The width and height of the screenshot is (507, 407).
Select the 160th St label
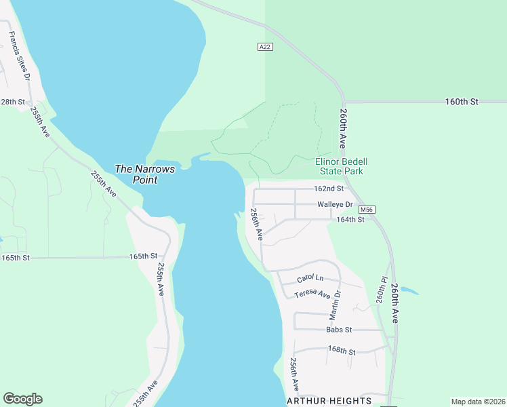(462, 102)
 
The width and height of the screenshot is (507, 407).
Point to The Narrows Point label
(145, 174)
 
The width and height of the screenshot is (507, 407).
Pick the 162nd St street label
(329, 189)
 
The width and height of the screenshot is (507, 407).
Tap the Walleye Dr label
(335, 204)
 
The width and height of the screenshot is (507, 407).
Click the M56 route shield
(367, 210)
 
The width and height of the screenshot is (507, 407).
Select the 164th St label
(350, 220)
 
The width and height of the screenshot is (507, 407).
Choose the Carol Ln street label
(310, 279)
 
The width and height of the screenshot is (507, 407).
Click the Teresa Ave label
(312, 294)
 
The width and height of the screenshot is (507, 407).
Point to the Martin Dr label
(336, 305)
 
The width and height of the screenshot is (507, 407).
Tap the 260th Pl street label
(382, 290)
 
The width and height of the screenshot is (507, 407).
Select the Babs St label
(339, 330)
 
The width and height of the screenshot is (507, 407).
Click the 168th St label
(342, 350)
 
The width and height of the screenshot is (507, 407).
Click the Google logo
(22, 399)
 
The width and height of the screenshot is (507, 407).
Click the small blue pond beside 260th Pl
(409, 290)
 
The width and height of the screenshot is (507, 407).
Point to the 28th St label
(12, 102)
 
